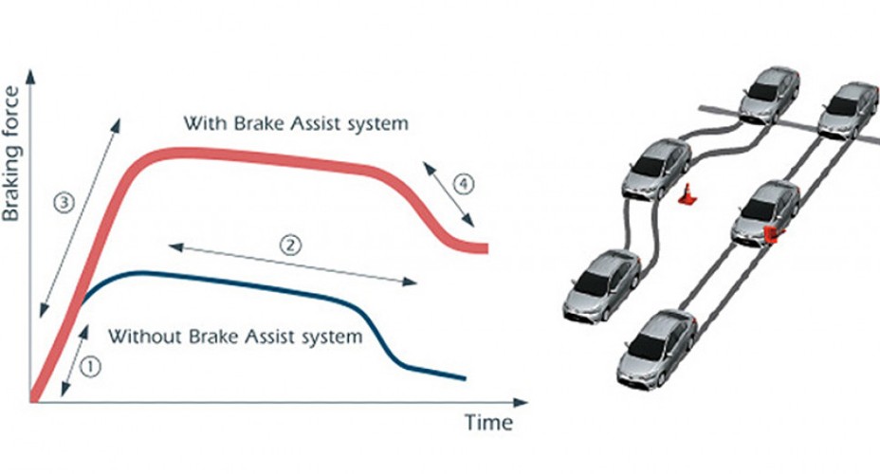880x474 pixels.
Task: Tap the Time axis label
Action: tap(487, 421)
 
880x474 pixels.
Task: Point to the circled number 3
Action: tap(63, 201)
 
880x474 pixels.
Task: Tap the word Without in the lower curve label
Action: tap(142, 336)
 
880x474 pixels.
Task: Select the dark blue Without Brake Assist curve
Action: tap(284, 287)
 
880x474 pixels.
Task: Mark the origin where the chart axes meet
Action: tap(32, 402)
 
